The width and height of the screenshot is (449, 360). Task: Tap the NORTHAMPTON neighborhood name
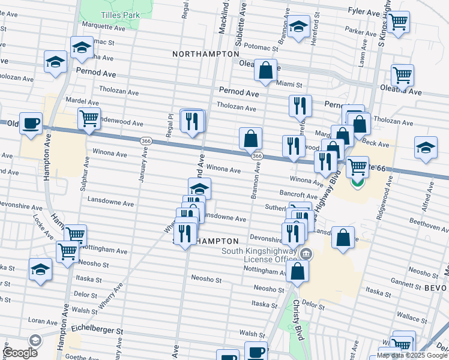point(206,54)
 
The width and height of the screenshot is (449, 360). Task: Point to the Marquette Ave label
point(103,28)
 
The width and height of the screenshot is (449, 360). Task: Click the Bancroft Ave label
point(298,196)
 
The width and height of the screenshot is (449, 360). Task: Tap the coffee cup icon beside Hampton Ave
point(31,123)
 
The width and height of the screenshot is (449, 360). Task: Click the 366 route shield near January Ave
point(145,140)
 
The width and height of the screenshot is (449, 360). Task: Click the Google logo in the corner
point(20,353)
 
